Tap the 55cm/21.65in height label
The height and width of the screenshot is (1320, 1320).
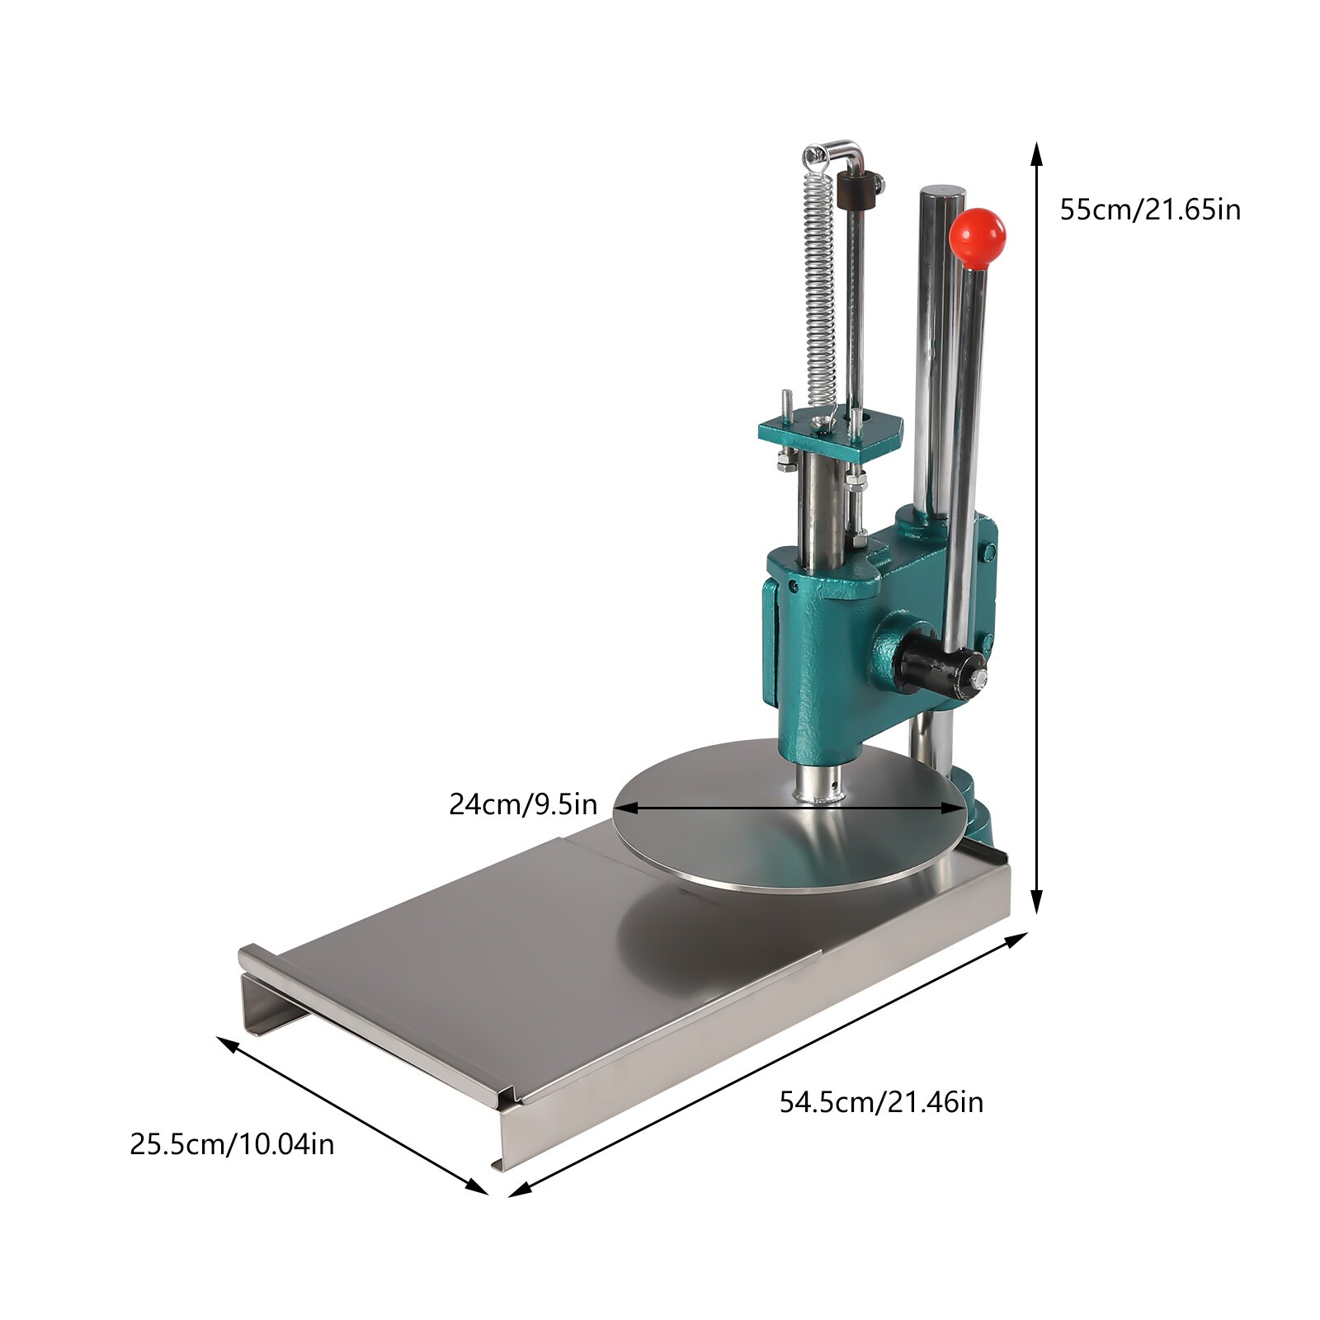(1150, 210)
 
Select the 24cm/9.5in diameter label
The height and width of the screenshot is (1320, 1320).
(523, 803)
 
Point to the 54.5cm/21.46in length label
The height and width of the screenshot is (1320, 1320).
(881, 1101)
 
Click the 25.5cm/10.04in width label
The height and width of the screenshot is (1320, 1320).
(232, 1144)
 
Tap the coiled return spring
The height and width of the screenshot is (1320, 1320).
(819, 280)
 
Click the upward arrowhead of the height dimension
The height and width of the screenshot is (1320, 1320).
(1038, 153)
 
